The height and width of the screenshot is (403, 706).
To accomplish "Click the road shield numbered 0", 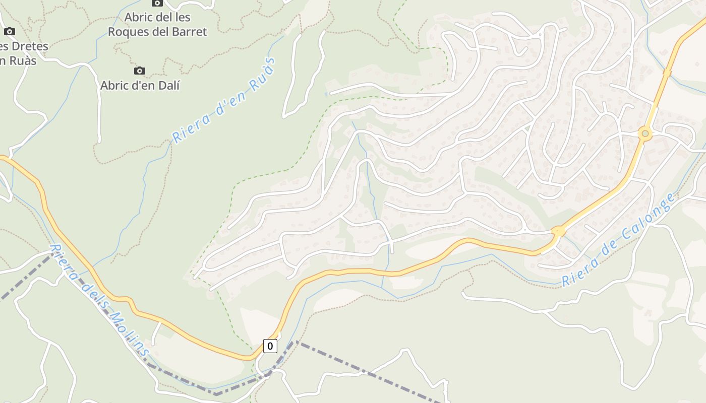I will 270,346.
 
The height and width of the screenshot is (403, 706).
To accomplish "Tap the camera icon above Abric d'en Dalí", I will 140,71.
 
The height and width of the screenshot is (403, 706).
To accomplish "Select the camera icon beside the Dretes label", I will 9,32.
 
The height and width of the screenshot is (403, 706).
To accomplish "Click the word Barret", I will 188,32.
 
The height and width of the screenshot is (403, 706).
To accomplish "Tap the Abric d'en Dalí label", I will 140,85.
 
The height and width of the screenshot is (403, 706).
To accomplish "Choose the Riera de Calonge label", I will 619,240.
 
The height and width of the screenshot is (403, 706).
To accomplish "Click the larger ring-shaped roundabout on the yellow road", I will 644,134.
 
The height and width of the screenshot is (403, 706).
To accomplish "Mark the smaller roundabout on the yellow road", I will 558,232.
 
